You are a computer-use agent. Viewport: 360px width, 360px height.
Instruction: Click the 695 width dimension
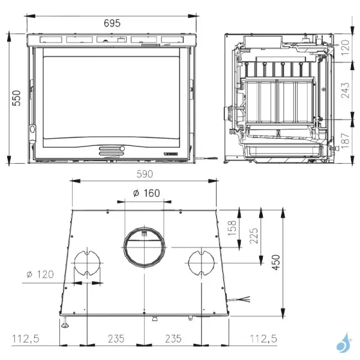[x=112, y=23]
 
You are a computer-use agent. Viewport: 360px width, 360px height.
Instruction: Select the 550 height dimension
[x=16, y=98]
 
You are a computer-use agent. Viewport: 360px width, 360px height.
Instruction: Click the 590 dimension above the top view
[x=145, y=175]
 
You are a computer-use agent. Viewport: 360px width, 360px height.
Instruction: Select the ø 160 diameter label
[x=145, y=193]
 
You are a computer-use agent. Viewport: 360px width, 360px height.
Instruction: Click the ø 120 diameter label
[x=40, y=274]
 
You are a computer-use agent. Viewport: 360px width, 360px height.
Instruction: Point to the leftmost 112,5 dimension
[x=26, y=339]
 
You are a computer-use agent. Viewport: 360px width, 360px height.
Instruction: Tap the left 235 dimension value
[x=115, y=339]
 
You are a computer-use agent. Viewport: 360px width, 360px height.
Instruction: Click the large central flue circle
[x=144, y=245]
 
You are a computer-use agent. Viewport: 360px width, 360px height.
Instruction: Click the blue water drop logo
[x=344, y=344]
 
